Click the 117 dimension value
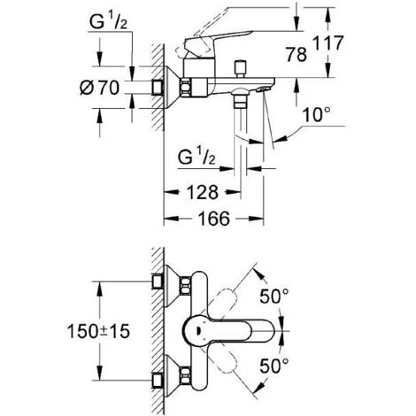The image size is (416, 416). click(327, 43)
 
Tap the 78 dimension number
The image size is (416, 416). click(297, 55)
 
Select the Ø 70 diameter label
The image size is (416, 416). click(99, 88)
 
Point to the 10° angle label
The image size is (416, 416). click(317, 114)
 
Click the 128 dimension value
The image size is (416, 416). click(203, 192)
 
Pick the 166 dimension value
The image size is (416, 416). click(213, 219)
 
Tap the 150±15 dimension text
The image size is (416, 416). click(98, 331)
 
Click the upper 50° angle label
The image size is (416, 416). click(273, 296)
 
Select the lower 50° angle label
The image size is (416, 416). click(273, 366)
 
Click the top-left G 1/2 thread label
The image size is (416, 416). click(108, 22)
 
